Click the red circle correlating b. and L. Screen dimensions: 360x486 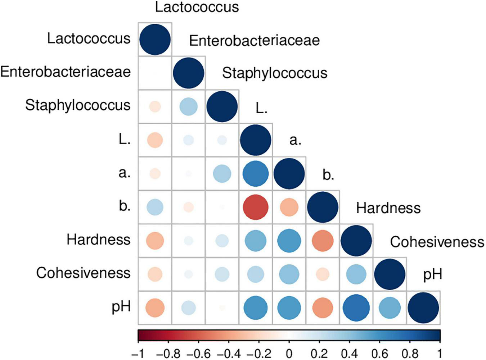coord(256,208)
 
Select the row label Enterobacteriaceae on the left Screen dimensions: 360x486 coord(66,72)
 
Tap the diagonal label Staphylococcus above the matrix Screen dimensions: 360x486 coord(274,73)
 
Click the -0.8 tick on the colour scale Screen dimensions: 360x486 coord(168,353)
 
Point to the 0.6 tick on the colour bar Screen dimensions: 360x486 coord(379,353)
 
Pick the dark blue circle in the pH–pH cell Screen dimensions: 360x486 coord(423,308)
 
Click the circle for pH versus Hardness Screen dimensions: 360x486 coord(356,308)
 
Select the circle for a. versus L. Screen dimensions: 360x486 coord(256,174)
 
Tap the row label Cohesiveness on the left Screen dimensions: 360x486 coord(83,273)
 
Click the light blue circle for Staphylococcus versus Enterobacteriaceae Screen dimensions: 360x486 coord(189,107)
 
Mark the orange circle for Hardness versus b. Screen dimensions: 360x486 coord(323,241)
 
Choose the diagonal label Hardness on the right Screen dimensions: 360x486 coord(388,208)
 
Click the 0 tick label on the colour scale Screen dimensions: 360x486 coord(289,353)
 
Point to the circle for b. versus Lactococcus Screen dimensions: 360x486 coord(155,208)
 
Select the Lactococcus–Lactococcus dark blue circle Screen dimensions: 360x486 coord(155,40)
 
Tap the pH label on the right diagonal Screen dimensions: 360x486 coord(432,275)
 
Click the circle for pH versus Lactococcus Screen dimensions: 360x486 coord(155,308)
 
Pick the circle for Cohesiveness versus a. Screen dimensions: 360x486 coord(289,274)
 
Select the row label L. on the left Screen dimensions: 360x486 coord(125,139)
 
